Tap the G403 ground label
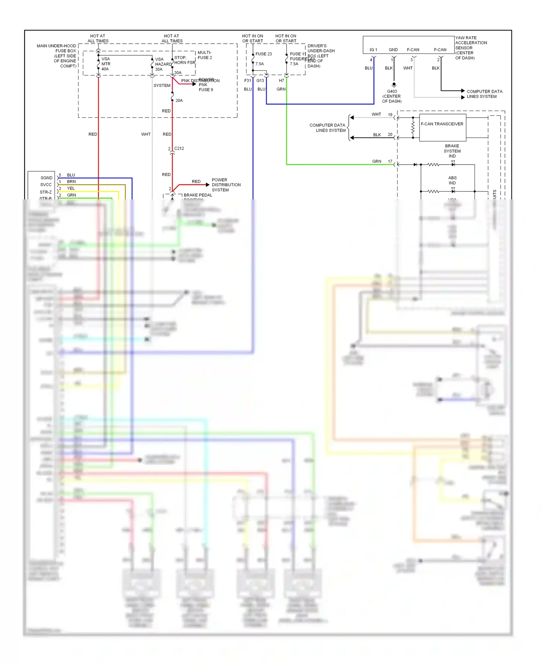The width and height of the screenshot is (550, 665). click(x=392, y=92)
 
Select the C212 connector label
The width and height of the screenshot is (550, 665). click(x=179, y=148)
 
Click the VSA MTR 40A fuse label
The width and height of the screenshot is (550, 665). click(x=106, y=64)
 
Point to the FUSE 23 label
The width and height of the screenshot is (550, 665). click(x=263, y=54)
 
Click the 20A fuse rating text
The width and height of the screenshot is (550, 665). click(x=179, y=100)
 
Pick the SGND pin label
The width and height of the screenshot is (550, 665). click(x=46, y=178)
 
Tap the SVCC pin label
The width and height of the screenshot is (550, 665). click(x=46, y=185)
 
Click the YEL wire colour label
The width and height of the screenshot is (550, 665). click(x=71, y=188)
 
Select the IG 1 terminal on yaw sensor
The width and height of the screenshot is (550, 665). click(x=373, y=50)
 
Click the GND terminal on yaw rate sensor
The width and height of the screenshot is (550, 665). click(x=393, y=50)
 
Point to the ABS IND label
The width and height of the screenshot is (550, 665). click(x=452, y=180)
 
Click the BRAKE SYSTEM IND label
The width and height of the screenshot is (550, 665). click(x=452, y=151)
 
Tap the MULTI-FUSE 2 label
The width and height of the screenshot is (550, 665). click(x=205, y=55)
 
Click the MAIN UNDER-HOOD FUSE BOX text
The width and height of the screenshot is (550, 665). click(x=56, y=48)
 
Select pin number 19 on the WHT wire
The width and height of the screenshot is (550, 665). click(x=390, y=115)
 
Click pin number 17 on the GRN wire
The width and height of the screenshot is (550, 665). click(x=390, y=161)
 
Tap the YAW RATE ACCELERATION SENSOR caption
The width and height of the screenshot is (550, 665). click(x=471, y=48)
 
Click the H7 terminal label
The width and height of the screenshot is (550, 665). click(x=281, y=81)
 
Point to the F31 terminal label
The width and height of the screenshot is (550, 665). click(x=247, y=81)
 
